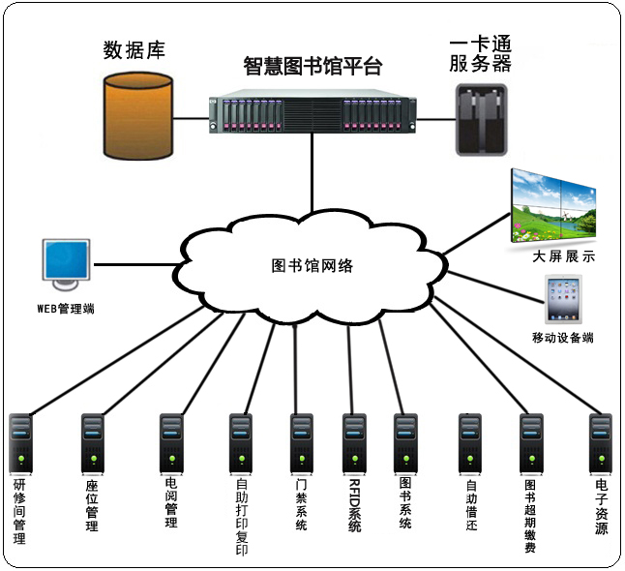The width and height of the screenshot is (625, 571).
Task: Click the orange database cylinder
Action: pos(141,115)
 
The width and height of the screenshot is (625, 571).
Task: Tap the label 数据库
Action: pos(134,49)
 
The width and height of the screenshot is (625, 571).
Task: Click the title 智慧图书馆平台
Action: pos(312,67)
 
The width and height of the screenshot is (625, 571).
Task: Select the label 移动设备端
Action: pos(562,338)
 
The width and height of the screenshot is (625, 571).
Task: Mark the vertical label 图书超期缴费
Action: pos(529,515)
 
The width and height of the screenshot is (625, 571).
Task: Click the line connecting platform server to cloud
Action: pos(311,178)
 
